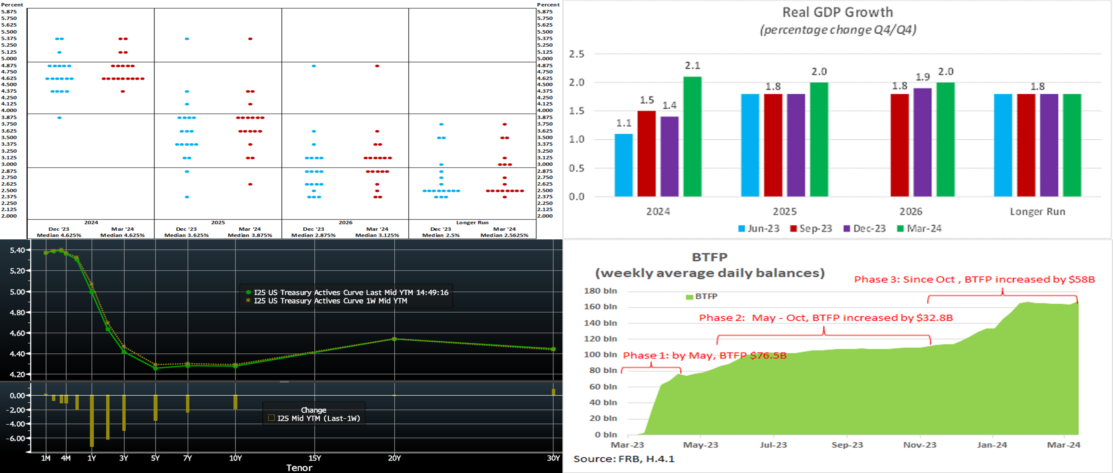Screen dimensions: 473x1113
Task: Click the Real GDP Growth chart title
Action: tap(837, 13)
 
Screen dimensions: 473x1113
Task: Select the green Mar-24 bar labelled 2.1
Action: tap(692, 136)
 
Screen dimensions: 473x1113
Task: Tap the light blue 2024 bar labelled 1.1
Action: tap(623, 165)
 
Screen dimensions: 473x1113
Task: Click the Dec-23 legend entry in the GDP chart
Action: tap(864, 229)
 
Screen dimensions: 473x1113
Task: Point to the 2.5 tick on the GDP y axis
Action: tap(577, 54)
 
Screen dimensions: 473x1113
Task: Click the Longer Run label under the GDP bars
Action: tap(1037, 212)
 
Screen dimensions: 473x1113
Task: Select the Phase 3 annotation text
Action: tap(974, 279)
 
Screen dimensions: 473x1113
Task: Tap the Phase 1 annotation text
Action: tap(704, 355)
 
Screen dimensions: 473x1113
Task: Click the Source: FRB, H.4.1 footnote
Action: tap(623, 459)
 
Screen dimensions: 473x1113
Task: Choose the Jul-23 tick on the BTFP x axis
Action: tap(774, 445)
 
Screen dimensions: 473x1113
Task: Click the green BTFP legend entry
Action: tap(702, 296)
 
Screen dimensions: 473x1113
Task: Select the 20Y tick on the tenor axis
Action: tap(394, 458)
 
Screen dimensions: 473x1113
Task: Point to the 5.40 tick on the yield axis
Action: tap(17, 250)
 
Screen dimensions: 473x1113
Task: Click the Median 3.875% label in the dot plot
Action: tap(250, 235)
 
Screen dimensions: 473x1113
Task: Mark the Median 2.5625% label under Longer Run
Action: tap(504, 235)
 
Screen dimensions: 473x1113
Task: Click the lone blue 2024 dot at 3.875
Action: tap(60, 118)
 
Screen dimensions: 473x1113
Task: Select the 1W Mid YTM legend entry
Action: tap(330, 301)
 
